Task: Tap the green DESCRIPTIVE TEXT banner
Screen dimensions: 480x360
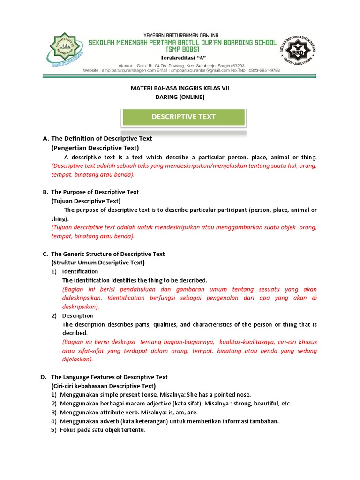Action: coord(183,117)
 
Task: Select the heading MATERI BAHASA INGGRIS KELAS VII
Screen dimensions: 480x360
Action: coord(180,88)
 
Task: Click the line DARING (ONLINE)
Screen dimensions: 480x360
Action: coord(180,97)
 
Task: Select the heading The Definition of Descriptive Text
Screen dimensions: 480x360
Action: coord(101,139)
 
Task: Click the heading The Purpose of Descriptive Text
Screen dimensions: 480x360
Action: coord(95,192)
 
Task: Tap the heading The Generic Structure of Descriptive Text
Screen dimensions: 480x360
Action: coord(108,254)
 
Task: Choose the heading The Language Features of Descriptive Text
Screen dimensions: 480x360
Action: coord(109,377)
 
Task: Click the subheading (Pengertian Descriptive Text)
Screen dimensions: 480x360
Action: coord(95,148)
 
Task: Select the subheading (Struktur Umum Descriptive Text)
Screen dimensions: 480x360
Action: coord(98,262)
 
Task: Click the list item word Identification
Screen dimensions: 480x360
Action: coord(80,271)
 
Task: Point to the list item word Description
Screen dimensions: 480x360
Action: coord(78,315)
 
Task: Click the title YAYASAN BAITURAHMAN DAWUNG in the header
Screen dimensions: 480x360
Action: coord(180,35)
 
